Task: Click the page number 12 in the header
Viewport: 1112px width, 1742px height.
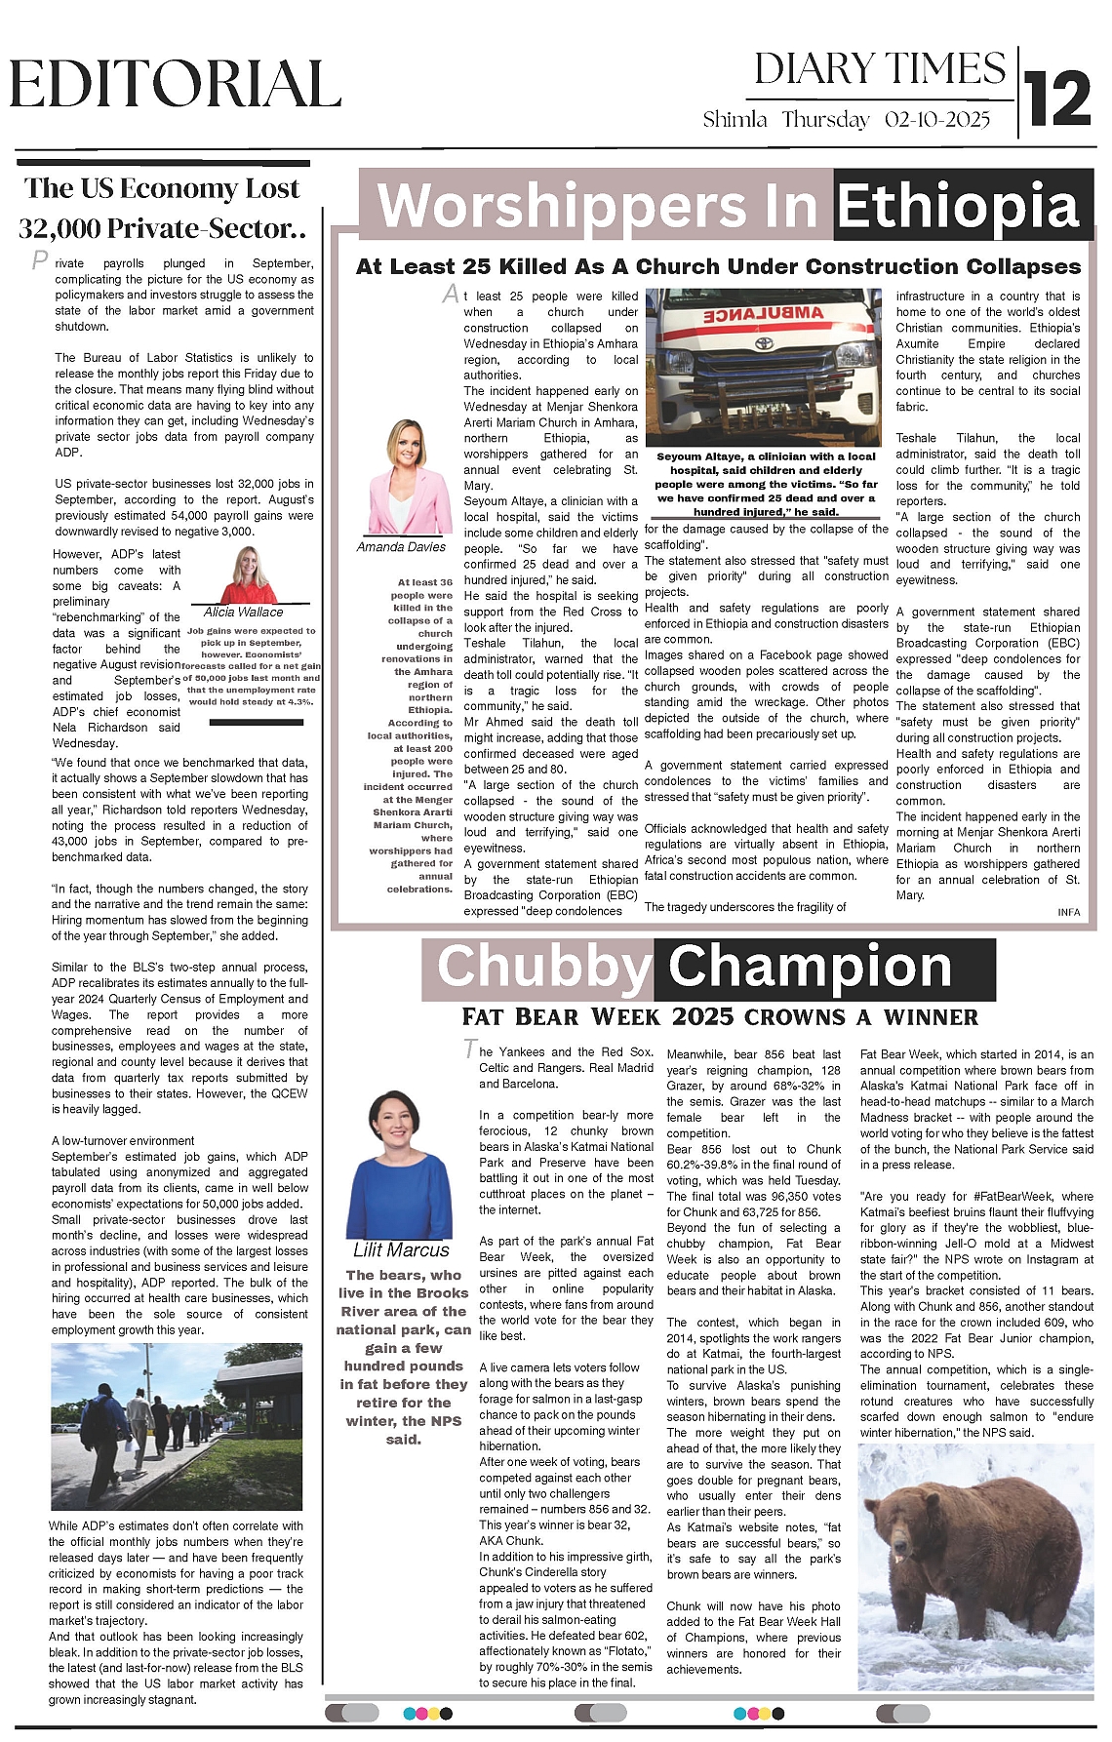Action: (1058, 99)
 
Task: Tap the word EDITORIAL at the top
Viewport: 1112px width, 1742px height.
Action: (176, 84)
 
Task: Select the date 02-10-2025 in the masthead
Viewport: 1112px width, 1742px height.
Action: (937, 120)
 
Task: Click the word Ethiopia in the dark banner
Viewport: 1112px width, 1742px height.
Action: (958, 207)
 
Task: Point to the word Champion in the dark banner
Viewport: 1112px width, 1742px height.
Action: (810, 967)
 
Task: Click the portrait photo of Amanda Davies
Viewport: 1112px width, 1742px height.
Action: (405, 478)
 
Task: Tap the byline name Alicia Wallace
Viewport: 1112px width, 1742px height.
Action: (243, 612)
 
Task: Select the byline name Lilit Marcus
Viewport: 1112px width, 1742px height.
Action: (401, 1250)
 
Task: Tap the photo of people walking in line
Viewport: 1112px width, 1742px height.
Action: (177, 1426)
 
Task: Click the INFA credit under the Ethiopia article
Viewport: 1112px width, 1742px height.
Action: (1068, 912)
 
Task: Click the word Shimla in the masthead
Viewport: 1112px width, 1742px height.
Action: (735, 120)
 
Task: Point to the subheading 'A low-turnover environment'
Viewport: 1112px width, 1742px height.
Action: (123, 1140)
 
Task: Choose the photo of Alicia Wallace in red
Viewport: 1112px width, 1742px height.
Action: (249, 575)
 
